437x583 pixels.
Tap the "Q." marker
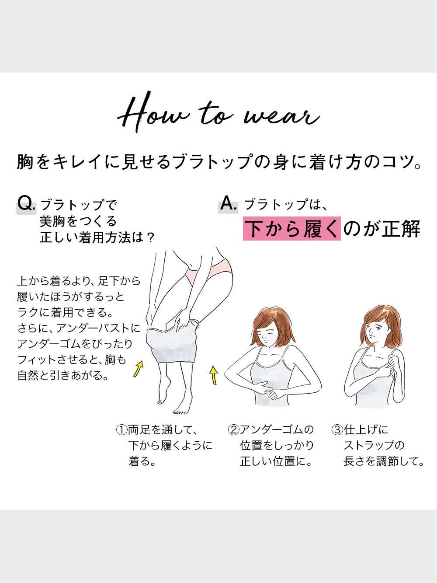26,204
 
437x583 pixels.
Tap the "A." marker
228,204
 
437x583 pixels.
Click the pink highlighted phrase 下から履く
291,228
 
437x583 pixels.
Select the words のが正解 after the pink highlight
381,228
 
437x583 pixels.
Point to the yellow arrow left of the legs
138,369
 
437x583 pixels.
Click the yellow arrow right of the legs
214,375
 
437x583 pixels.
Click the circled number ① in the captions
121,430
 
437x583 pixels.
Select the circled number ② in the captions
233,430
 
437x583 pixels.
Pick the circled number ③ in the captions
337,430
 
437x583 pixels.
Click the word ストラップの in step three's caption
374,446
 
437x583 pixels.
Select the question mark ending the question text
150,237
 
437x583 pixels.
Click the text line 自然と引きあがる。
63,375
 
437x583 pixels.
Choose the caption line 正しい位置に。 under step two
276,461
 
